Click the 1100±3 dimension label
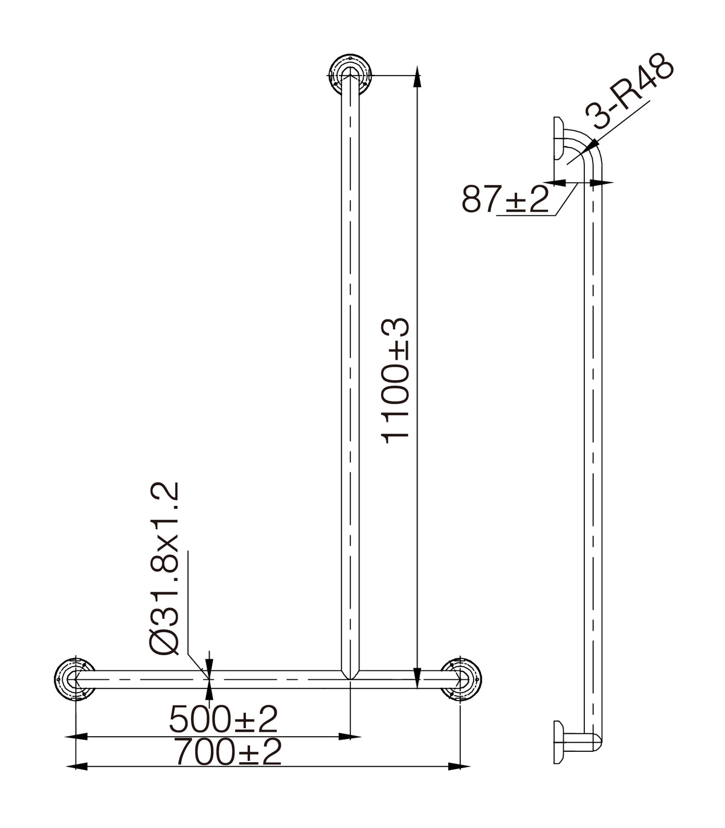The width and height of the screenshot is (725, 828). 395,381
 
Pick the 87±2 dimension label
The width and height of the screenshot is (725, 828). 505,199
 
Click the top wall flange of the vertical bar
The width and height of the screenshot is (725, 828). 350,76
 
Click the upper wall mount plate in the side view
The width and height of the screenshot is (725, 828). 558,138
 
